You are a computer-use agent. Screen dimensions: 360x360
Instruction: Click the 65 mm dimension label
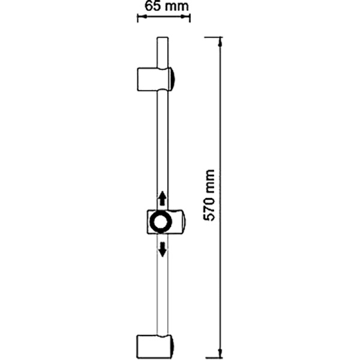[167, 6]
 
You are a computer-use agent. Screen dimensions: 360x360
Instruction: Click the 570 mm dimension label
[209, 196]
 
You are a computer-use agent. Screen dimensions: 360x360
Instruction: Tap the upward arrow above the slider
[163, 198]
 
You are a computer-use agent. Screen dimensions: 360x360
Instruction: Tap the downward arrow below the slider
[163, 250]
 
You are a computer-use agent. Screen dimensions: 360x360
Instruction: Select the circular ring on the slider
[161, 222]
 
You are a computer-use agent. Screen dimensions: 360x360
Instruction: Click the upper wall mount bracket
[155, 79]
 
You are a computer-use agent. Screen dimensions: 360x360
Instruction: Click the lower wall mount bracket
[155, 347]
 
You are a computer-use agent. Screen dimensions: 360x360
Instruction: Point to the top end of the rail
[163, 38]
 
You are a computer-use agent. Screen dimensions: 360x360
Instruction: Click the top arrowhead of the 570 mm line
[220, 42]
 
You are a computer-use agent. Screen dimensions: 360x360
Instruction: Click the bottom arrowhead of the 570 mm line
[220, 354]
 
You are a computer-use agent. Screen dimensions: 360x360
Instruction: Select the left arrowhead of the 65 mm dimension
[142, 17]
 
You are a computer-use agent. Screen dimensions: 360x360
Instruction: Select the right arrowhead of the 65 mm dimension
[185, 17]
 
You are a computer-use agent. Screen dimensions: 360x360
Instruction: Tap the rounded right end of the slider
[184, 222]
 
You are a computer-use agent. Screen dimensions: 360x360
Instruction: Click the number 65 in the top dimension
[152, 6]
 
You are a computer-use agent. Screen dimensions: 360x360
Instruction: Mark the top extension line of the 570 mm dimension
[214, 37]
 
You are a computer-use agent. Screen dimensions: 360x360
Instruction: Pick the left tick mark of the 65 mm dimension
[137, 18]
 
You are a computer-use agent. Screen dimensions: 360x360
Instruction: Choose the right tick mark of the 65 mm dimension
[190, 18]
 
